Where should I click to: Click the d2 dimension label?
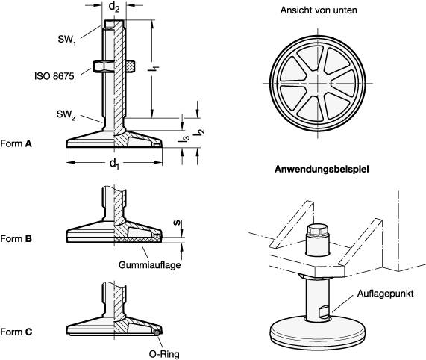[x=114, y=7]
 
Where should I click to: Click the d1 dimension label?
[x=114, y=164]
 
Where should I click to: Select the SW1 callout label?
[x=67, y=40]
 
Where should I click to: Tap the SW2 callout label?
[x=66, y=114]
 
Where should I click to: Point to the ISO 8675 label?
[x=54, y=76]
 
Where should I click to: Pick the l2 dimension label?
[x=200, y=132]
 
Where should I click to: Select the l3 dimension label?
[x=185, y=138]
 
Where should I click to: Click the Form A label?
[x=16, y=143]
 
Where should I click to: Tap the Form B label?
[x=16, y=239]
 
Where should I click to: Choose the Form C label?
[x=16, y=332]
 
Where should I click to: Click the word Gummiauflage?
[x=150, y=265]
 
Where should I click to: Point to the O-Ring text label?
[x=164, y=354]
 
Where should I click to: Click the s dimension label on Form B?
[x=177, y=223]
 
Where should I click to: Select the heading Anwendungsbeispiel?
[x=322, y=169]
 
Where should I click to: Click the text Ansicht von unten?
[x=319, y=10]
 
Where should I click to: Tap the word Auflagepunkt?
[x=385, y=294]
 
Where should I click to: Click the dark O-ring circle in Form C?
[x=157, y=332]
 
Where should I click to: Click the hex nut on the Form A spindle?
[x=114, y=66]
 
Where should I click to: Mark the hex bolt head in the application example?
[x=317, y=231]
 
